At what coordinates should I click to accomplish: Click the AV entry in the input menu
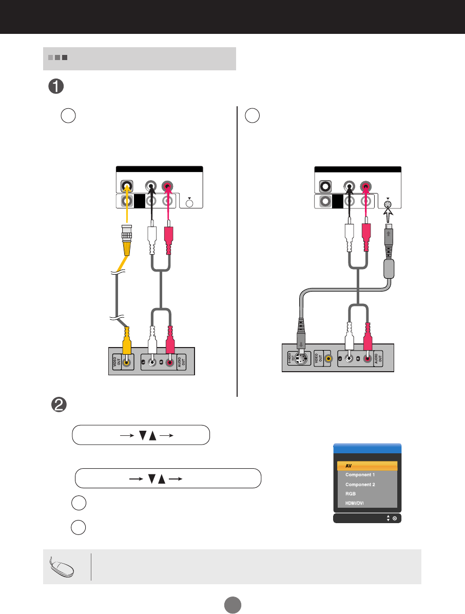point(367,466)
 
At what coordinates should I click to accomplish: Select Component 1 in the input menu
point(367,475)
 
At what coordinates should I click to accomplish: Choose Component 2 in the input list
point(367,485)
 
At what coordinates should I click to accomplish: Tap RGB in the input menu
point(367,494)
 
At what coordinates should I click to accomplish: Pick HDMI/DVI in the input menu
point(367,503)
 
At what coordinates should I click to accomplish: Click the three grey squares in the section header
point(57,58)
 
